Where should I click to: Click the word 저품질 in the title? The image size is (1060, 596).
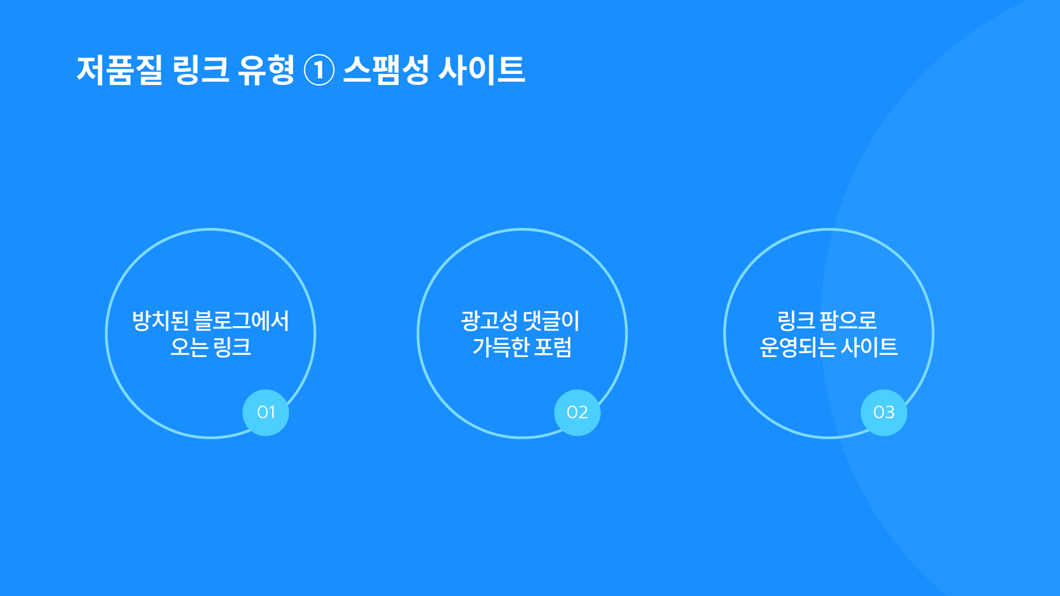(120, 70)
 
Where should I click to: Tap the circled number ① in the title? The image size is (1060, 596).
(319, 71)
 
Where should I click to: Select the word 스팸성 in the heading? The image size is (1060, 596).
(386, 70)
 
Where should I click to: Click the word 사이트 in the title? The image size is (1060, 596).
(481, 70)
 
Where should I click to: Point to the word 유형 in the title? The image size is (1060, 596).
(266, 70)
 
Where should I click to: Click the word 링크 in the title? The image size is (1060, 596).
(201, 70)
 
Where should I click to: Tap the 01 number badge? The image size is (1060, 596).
(266, 412)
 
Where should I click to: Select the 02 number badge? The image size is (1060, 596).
(577, 412)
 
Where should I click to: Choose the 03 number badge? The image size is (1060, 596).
(883, 412)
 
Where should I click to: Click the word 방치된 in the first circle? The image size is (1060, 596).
(161, 321)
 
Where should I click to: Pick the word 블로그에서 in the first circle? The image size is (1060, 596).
(242, 321)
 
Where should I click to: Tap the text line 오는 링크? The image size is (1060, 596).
(210, 347)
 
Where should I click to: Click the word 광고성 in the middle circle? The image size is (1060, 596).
(489, 321)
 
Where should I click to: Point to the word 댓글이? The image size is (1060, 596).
(552, 321)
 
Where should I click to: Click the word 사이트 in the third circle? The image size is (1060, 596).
(870, 347)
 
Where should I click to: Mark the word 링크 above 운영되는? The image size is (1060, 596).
(796, 321)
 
